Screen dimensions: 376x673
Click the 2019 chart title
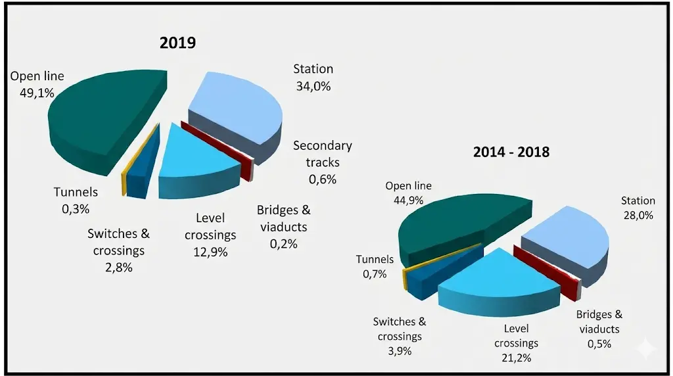(x=177, y=43)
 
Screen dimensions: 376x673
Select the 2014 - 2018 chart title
(x=511, y=152)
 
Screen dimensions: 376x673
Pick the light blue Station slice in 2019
(x=237, y=112)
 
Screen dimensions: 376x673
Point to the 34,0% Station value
(x=313, y=85)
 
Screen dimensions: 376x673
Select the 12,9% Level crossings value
(x=210, y=252)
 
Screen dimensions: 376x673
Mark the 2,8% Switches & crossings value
(x=118, y=267)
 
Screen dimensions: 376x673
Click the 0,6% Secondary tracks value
(x=322, y=179)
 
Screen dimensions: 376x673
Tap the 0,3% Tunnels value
(x=76, y=209)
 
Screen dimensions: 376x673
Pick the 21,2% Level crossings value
(x=516, y=358)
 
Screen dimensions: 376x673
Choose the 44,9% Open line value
(x=408, y=200)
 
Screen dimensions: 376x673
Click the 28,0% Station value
(x=638, y=215)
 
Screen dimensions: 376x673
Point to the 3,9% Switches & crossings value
(x=399, y=351)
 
